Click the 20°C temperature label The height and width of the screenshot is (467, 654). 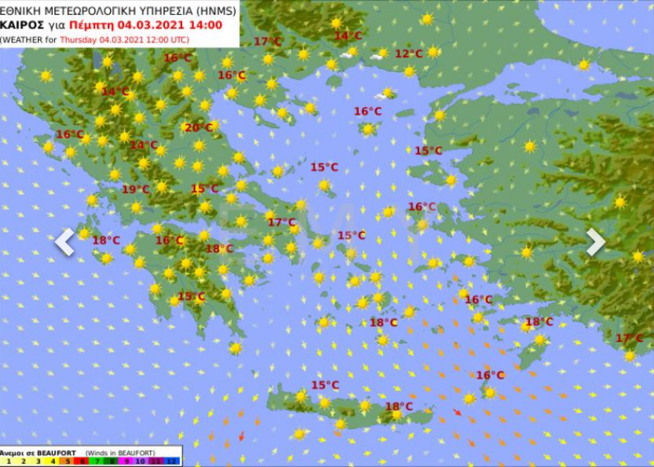(x=198, y=128)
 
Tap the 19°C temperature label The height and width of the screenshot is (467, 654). (x=135, y=190)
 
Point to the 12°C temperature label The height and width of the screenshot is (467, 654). (x=408, y=54)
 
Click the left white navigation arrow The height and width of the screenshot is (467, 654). (x=65, y=242)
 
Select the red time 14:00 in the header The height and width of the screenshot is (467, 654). (x=205, y=25)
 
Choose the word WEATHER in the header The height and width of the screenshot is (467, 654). (x=24, y=39)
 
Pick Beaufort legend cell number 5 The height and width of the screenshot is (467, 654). (x=68, y=461)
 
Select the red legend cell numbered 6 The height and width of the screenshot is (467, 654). (x=82, y=461)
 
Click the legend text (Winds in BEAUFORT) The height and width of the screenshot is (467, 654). (x=120, y=452)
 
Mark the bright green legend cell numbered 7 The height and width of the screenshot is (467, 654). (x=97, y=461)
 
